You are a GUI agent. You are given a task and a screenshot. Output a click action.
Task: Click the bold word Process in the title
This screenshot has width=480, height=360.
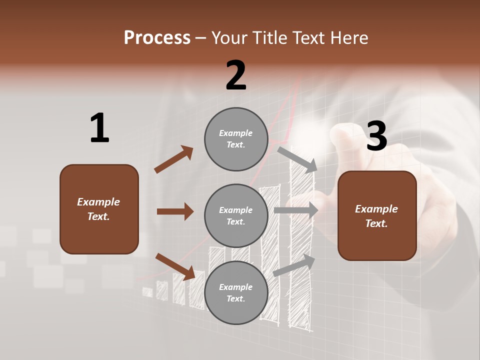[157, 37]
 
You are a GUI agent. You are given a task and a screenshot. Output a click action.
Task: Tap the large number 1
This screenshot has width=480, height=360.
[99, 128]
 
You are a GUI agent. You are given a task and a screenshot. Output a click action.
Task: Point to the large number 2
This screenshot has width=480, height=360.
[236, 75]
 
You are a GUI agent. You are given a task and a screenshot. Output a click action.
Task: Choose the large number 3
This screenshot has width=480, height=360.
[376, 136]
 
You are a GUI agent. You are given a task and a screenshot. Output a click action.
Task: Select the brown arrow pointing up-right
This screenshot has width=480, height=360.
[174, 159]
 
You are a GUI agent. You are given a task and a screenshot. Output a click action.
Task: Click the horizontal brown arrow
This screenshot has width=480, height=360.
[175, 211]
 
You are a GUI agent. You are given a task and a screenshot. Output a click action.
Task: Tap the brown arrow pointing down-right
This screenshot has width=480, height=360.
[175, 266]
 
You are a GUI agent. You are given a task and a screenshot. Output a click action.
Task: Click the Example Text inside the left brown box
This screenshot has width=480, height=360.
[98, 209]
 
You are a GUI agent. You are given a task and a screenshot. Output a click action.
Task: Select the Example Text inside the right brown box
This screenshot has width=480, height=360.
[376, 216]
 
